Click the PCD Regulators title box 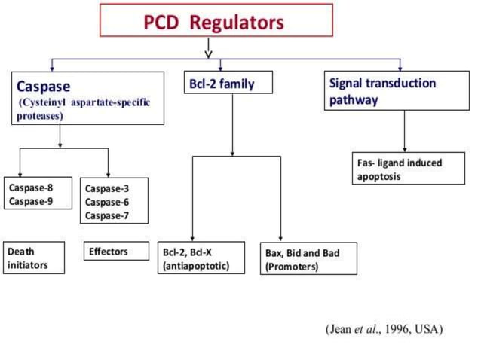coord(216,20)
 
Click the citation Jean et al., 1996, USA coord(383,329)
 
